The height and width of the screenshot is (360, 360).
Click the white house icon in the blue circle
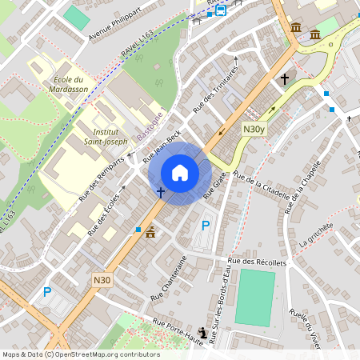coord(180,172)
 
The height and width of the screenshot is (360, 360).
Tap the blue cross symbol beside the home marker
coord(161,192)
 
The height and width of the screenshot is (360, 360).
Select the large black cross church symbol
coord(285,78)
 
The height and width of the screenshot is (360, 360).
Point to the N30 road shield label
coord(101,279)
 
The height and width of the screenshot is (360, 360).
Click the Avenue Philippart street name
coord(114,25)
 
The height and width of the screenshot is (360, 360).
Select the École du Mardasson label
coord(68,85)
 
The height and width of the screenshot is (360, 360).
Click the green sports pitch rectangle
coord(255,298)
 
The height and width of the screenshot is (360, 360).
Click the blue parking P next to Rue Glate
coord(206,226)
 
